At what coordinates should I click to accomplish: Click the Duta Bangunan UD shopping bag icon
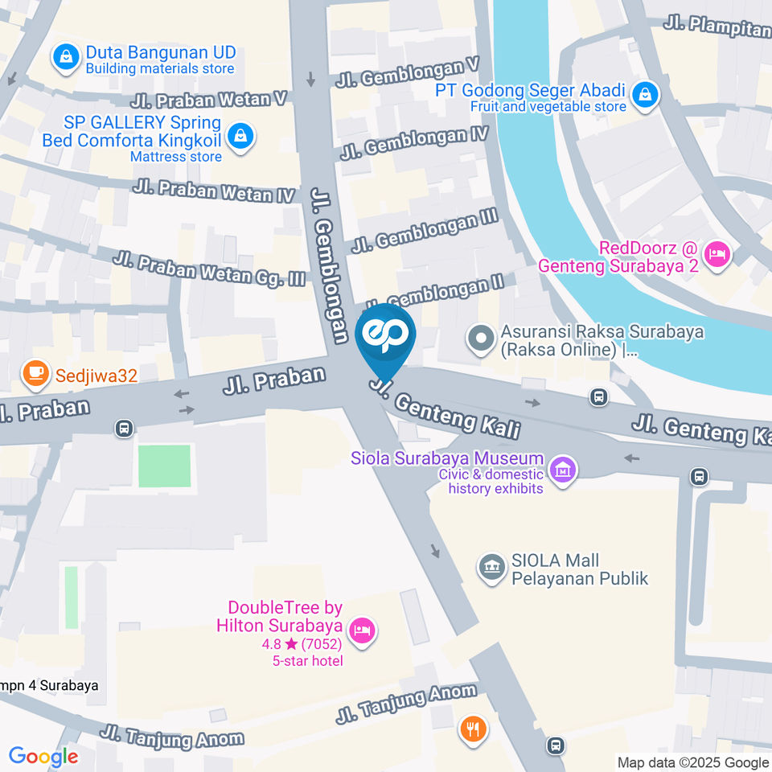(x=64, y=56)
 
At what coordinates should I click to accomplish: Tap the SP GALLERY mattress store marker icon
(x=240, y=138)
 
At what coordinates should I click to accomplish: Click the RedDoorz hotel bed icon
(x=714, y=255)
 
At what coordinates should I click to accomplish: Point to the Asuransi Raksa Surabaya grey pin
(x=481, y=339)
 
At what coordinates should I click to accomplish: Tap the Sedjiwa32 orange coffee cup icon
(x=35, y=372)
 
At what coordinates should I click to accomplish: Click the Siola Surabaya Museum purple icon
(x=563, y=470)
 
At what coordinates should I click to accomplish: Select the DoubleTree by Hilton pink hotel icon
(x=363, y=629)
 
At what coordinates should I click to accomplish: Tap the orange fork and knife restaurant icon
(x=471, y=729)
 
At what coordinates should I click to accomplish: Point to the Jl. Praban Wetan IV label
(x=215, y=192)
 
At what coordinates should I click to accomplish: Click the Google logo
(x=43, y=757)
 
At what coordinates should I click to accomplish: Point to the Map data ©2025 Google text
(x=692, y=762)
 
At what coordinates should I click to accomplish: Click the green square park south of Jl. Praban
(x=164, y=466)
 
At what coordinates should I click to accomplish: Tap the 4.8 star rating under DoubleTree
(x=302, y=645)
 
